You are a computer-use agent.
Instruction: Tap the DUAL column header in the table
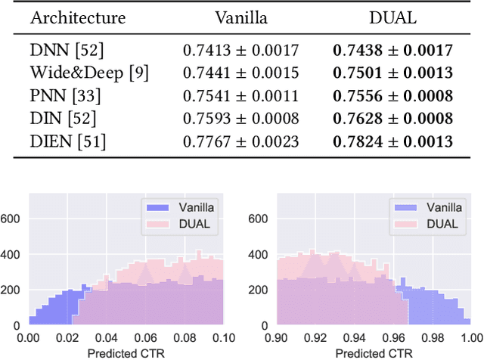(392, 18)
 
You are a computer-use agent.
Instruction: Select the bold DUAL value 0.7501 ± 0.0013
(392, 73)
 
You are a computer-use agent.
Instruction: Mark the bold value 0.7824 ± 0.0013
(392, 141)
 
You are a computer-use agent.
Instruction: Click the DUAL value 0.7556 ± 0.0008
(392, 96)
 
